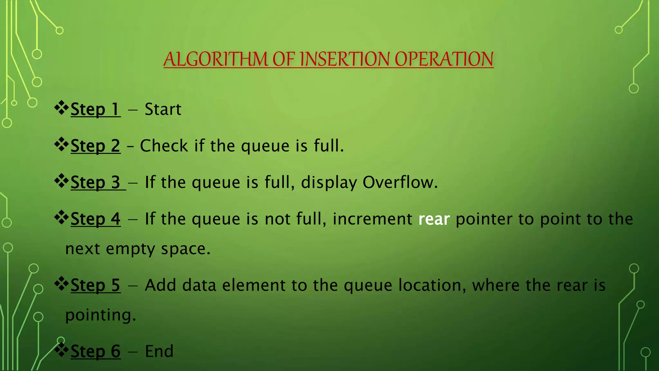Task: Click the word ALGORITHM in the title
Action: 216,59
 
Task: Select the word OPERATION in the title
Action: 444,59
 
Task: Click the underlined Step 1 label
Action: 95,109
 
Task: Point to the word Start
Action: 163,109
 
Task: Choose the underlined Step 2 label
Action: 95,146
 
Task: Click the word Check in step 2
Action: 164,146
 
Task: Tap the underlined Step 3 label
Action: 95,183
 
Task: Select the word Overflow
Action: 400,183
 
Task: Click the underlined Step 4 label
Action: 95,219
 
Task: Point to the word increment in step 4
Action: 372,219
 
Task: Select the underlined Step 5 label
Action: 95,286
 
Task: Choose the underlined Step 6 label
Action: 95,351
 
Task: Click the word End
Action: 159,351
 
